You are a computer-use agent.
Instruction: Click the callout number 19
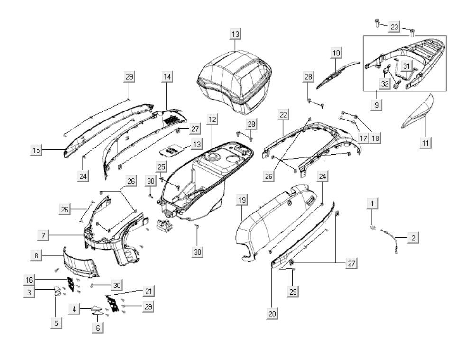[241, 201]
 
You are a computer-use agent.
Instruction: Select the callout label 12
[212, 120]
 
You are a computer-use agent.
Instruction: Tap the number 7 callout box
[43, 235]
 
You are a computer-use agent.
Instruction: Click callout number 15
[36, 150]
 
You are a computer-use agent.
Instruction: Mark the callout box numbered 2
[413, 238]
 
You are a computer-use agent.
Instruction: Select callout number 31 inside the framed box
[407, 65]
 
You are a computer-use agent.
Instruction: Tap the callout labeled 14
[167, 76]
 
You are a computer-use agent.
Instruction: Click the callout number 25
[161, 167]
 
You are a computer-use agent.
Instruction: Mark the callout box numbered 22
[283, 115]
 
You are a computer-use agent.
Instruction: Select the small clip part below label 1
[373, 228]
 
